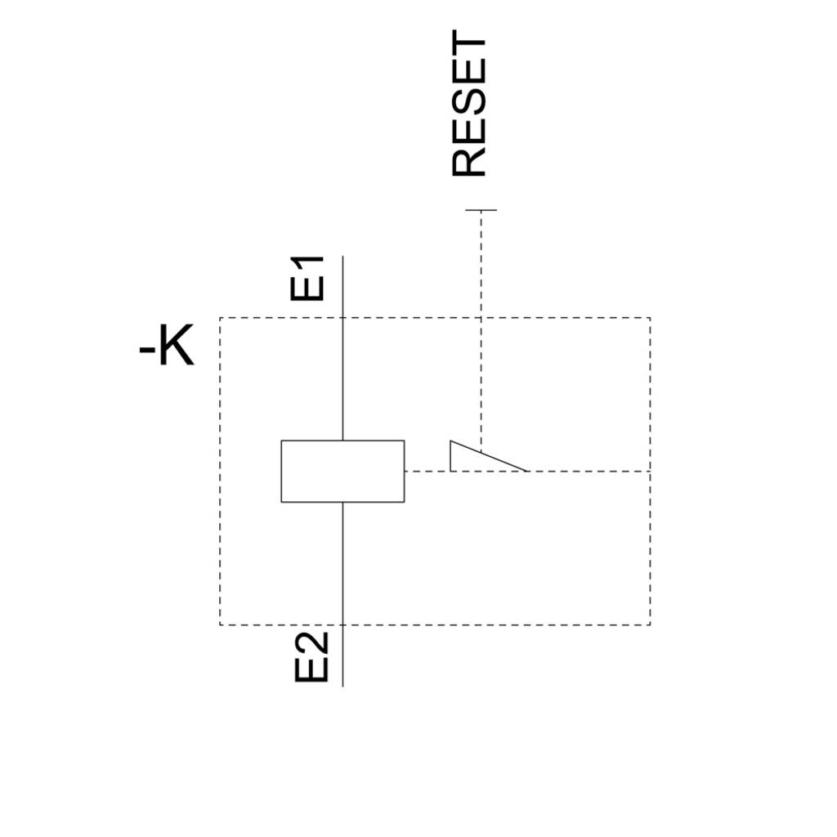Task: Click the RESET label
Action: (468, 103)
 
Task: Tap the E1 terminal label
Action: (307, 278)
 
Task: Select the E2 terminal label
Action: (311, 657)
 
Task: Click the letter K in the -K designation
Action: (177, 345)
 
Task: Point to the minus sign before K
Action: (147, 351)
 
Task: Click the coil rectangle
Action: (342, 441)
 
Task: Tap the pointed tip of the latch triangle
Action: (527, 472)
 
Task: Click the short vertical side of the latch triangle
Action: (450, 456)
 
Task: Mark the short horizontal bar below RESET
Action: (481, 210)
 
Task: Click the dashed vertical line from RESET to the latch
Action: (481, 332)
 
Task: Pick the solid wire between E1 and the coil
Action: (342, 348)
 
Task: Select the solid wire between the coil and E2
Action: (342, 594)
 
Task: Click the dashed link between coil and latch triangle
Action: (427, 472)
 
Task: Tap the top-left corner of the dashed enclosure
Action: (220, 318)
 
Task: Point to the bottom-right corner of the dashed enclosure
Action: (650, 624)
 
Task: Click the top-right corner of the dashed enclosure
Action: (650, 318)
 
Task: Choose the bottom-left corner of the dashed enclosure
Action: (220, 624)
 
